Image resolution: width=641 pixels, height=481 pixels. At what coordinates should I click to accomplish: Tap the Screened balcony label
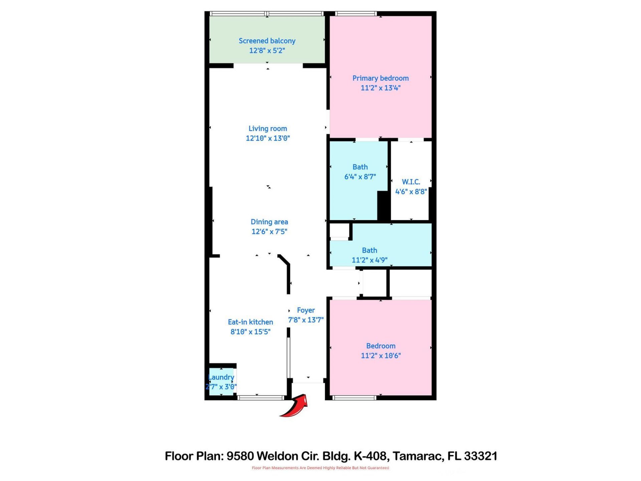click(x=267, y=41)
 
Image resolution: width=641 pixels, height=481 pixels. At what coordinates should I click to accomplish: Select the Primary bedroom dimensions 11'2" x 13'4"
click(x=380, y=88)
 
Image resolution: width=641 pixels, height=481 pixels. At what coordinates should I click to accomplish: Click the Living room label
click(x=267, y=129)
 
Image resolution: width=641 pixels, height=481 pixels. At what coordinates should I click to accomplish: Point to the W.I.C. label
click(x=411, y=182)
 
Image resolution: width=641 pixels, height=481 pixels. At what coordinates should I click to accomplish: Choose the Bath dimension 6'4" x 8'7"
click(x=360, y=177)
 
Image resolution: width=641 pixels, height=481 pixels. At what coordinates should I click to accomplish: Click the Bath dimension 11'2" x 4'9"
click(x=369, y=260)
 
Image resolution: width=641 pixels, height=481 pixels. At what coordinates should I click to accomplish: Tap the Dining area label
click(x=269, y=222)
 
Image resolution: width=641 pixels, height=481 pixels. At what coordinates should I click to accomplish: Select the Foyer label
click(x=306, y=310)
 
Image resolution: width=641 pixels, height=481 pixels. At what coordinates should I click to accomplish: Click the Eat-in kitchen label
click(x=250, y=322)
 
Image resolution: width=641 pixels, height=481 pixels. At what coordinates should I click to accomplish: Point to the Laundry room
click(x=221, y=382)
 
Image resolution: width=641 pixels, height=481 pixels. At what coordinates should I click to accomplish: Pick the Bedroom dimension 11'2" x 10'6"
click(x=381, y=355)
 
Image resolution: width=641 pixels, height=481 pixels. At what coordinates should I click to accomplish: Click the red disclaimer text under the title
click(x=320, y=468)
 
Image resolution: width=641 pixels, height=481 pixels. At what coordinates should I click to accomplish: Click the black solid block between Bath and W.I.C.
click(x=384, y=206)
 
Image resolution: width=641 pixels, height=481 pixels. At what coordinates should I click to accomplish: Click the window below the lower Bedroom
click(x=355, y=397)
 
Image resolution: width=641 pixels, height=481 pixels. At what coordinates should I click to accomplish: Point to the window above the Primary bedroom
click(x=356, y=14)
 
